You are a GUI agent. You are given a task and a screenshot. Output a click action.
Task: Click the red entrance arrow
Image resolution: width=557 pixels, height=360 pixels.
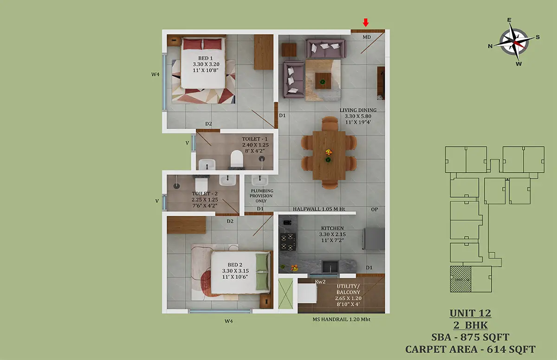[x=366, y=22]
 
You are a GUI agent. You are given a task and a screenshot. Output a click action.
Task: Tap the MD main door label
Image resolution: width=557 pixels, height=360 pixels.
[x=367, y=37]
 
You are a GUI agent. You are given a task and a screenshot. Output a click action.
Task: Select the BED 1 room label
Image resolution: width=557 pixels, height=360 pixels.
[x=205, y=58]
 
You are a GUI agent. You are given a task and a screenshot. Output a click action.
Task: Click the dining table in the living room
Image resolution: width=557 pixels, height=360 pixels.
[x=329, y=155]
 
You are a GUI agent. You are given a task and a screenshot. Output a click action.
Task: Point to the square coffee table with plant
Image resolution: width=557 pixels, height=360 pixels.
[x=323, y=81]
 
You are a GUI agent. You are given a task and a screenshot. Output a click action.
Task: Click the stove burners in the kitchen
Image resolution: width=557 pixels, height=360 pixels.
[x=288, y=242]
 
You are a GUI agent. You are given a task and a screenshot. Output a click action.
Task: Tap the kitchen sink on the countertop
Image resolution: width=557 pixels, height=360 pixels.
[x=330, y=267]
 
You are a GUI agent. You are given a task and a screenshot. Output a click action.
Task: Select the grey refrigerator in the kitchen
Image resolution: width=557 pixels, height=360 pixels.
[x=374, y=239]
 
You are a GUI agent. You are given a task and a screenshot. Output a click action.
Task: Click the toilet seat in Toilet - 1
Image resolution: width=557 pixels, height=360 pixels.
[x=236, y=159]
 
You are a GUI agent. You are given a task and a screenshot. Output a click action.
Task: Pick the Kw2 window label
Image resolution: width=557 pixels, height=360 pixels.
[x=320, y=282]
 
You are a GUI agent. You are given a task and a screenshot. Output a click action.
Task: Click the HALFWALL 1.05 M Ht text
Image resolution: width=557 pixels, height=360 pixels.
[x=319, y=209]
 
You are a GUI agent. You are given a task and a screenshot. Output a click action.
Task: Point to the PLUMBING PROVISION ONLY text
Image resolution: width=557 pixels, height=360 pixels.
[x=262, y=196]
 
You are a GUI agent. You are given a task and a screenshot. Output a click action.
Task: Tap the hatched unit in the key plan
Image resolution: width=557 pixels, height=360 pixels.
[x=460, y=279]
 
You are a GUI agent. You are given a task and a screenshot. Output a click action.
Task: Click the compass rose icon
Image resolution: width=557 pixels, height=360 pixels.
[x=514, y=41]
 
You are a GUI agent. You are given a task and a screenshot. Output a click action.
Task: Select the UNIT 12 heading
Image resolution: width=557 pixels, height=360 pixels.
[x=470, y=313]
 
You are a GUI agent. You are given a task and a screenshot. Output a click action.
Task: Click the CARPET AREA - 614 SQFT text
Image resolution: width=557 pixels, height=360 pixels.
[x=470, y=349]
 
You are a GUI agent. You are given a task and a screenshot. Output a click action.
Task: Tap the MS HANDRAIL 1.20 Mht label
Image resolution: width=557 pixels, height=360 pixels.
[x=342, y=319]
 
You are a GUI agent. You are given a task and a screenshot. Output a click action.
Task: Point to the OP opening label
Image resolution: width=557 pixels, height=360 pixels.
[x=375, y=209]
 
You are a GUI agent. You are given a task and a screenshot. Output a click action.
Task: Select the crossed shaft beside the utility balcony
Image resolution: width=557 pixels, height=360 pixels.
[x=285, y=294]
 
